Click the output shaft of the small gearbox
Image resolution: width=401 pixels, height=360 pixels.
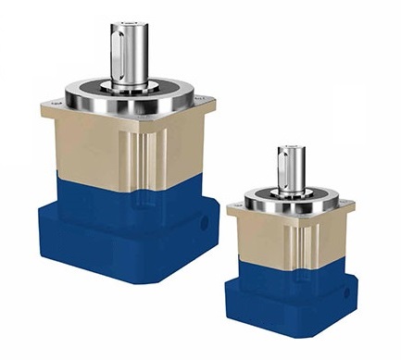[x=291, y=168]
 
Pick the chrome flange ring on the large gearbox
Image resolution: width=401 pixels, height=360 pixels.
[x=130, y=94]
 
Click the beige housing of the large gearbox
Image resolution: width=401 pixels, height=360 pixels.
[x=93, y=148]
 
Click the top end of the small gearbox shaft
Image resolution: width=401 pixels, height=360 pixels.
[x=291, y=146]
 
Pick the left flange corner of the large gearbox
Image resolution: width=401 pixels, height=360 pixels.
[x=48, y=106]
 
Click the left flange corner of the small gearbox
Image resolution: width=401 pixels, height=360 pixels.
[x=233, y=202]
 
